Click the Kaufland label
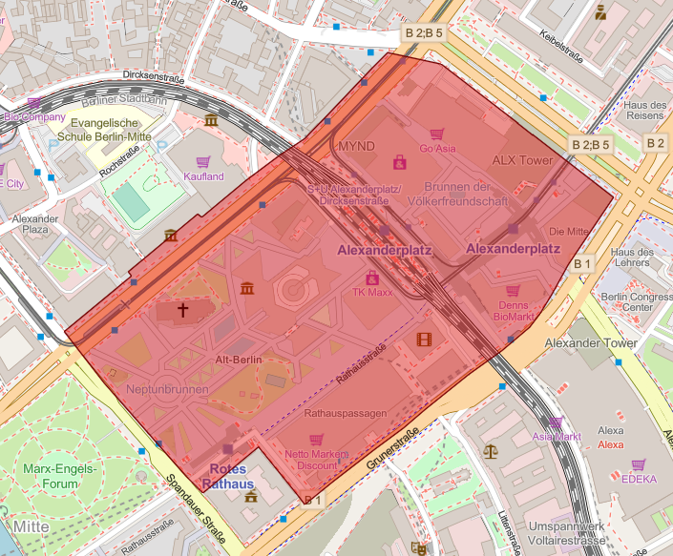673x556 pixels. click(x=202, y=176)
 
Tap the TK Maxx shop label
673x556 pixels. click(x=371, y=293)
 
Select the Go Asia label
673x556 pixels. click(x=438, y=149)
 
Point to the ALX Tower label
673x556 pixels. click(x=522, y=160)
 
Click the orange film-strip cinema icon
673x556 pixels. click(x=424, y=339)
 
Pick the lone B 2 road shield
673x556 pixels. click(x=655, y=143)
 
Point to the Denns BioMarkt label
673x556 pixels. click(x=514, y=312)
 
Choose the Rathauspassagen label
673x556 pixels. click(x=345, y=414)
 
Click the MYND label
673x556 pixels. click(x=357, y=146)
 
